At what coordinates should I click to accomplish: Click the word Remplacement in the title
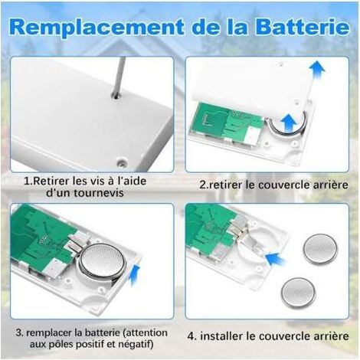pyautogui.click(x=97, y=27)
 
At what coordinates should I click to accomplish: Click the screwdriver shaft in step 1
pyautogui.click(x=119, y=77)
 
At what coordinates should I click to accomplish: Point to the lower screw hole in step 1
pyautogui.click(x=122, y=162)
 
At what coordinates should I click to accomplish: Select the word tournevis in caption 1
pyautogui.click(x=99, y=193)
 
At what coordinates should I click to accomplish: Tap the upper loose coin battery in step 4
pyautogui.click(x=320, y=249)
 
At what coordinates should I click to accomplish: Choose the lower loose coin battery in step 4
pyautogui.click(x=299, y=293)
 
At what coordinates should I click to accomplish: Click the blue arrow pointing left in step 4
pyautogui.click(x=276, y=258)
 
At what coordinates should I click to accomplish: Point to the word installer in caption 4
pyautogui.click(x=221, y=336)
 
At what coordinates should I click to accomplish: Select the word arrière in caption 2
pyautogui.click(x=332, y=185)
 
